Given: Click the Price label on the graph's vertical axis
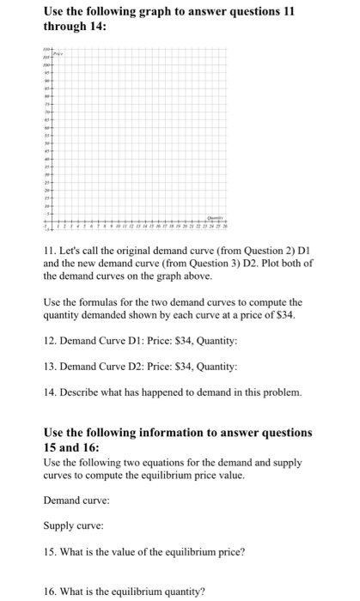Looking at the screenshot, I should [60, 53].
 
